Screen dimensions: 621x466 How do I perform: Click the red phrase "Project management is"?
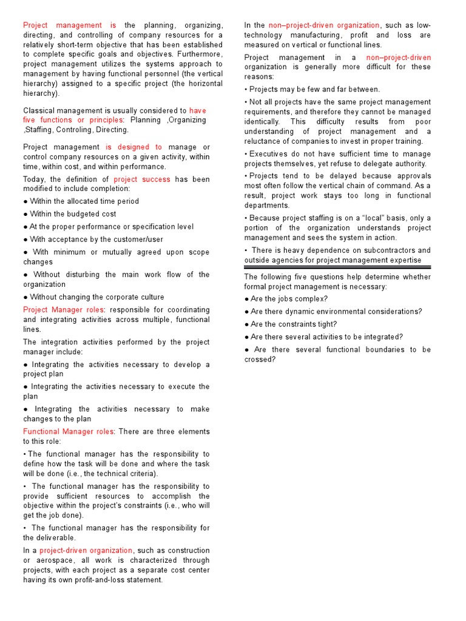tap(69, 25)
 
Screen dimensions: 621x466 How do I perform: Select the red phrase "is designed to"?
tap(133, 147)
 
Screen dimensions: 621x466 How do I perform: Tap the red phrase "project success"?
tap(142, 180)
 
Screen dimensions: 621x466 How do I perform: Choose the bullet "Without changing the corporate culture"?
tap(93, 297)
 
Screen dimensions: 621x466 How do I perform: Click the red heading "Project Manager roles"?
tap(64, 310)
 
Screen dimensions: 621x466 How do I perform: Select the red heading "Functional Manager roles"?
tap(68, 432)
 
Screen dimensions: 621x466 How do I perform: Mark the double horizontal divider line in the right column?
tap(337, 266)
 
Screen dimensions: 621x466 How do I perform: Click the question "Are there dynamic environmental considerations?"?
tap(333, 312)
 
